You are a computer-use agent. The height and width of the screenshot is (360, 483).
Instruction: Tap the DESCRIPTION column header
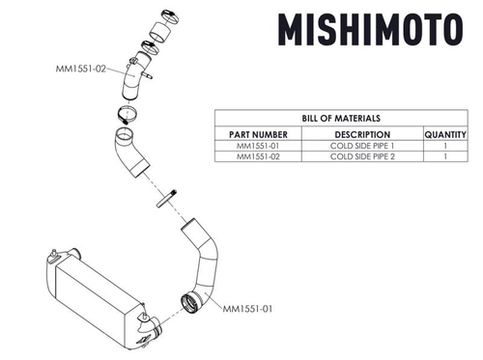361,134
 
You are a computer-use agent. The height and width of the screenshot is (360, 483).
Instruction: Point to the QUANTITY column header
445,134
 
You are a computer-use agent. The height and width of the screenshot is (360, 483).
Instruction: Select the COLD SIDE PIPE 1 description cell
361,147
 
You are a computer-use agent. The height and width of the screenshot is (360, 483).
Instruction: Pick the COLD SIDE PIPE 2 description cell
361,158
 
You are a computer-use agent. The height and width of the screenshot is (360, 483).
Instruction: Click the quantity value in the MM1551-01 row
445,147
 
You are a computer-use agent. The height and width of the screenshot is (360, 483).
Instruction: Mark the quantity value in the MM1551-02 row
445,158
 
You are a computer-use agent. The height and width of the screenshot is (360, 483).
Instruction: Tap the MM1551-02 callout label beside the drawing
83,70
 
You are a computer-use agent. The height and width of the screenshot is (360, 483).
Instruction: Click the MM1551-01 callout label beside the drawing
250,309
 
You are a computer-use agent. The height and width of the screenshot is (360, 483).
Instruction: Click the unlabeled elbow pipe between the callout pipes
129,154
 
